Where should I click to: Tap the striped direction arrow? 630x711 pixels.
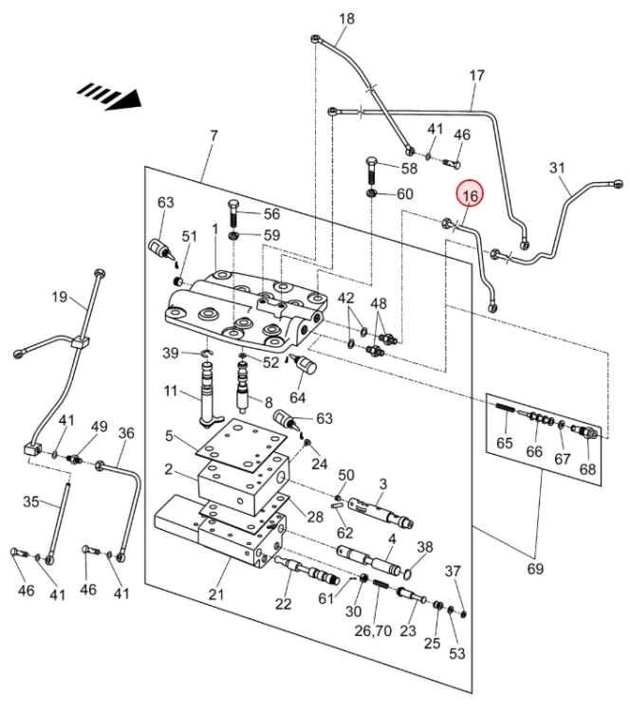tap(109, 95)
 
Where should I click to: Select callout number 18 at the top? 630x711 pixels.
tap(345, 19)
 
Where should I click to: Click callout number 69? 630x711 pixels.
tap(535, 569)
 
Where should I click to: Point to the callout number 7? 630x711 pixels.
tap(213, 136)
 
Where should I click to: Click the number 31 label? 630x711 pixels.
tap(557, 168)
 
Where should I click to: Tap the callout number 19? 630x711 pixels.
tap(59, 297)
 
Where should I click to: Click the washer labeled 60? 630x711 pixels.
tap(373, 195)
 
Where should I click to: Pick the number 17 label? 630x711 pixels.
tap(476, 75)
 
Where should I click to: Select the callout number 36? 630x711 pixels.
tap(126, 432)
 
